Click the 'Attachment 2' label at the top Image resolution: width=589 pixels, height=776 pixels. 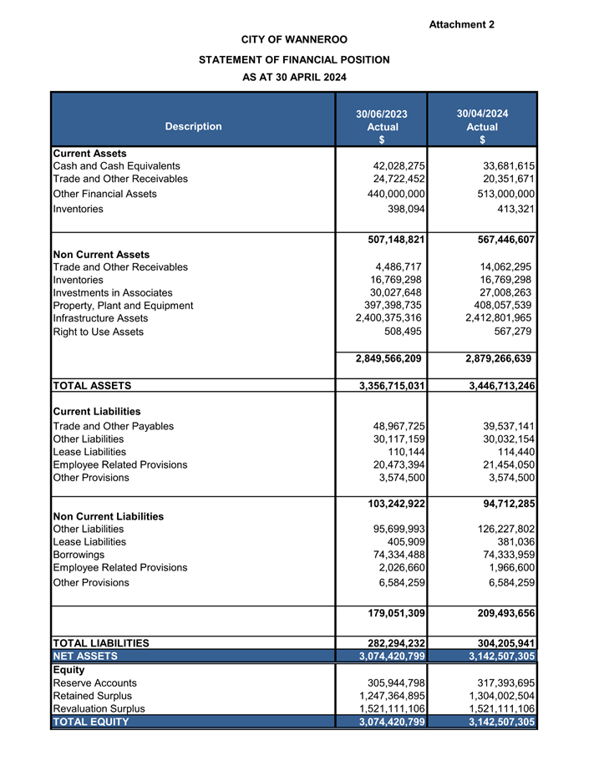(x=461, y=24)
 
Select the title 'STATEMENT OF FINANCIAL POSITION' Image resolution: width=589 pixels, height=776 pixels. (x=294, y=59)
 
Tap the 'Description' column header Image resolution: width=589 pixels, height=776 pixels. (x=193, y=126)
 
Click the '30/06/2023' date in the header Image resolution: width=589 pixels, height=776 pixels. (x=382, y=114)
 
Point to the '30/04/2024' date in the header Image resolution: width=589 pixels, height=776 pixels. (x=482, y=114)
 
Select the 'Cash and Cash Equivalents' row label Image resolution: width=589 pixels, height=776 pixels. (x=116, y=166)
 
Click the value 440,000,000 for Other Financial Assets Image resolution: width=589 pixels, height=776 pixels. (x=394, y=194)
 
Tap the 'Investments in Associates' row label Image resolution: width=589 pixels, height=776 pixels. (x=112, y=292)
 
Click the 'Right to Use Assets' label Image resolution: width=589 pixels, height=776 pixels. (x=98, y=332)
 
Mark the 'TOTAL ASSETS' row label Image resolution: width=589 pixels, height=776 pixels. (x=92, y=386)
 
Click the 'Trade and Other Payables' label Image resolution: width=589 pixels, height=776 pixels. (x=113, y=426)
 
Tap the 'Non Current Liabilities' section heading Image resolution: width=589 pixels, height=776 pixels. (x=108, y=516)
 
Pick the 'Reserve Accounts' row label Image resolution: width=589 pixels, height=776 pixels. (x=94, y=682)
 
